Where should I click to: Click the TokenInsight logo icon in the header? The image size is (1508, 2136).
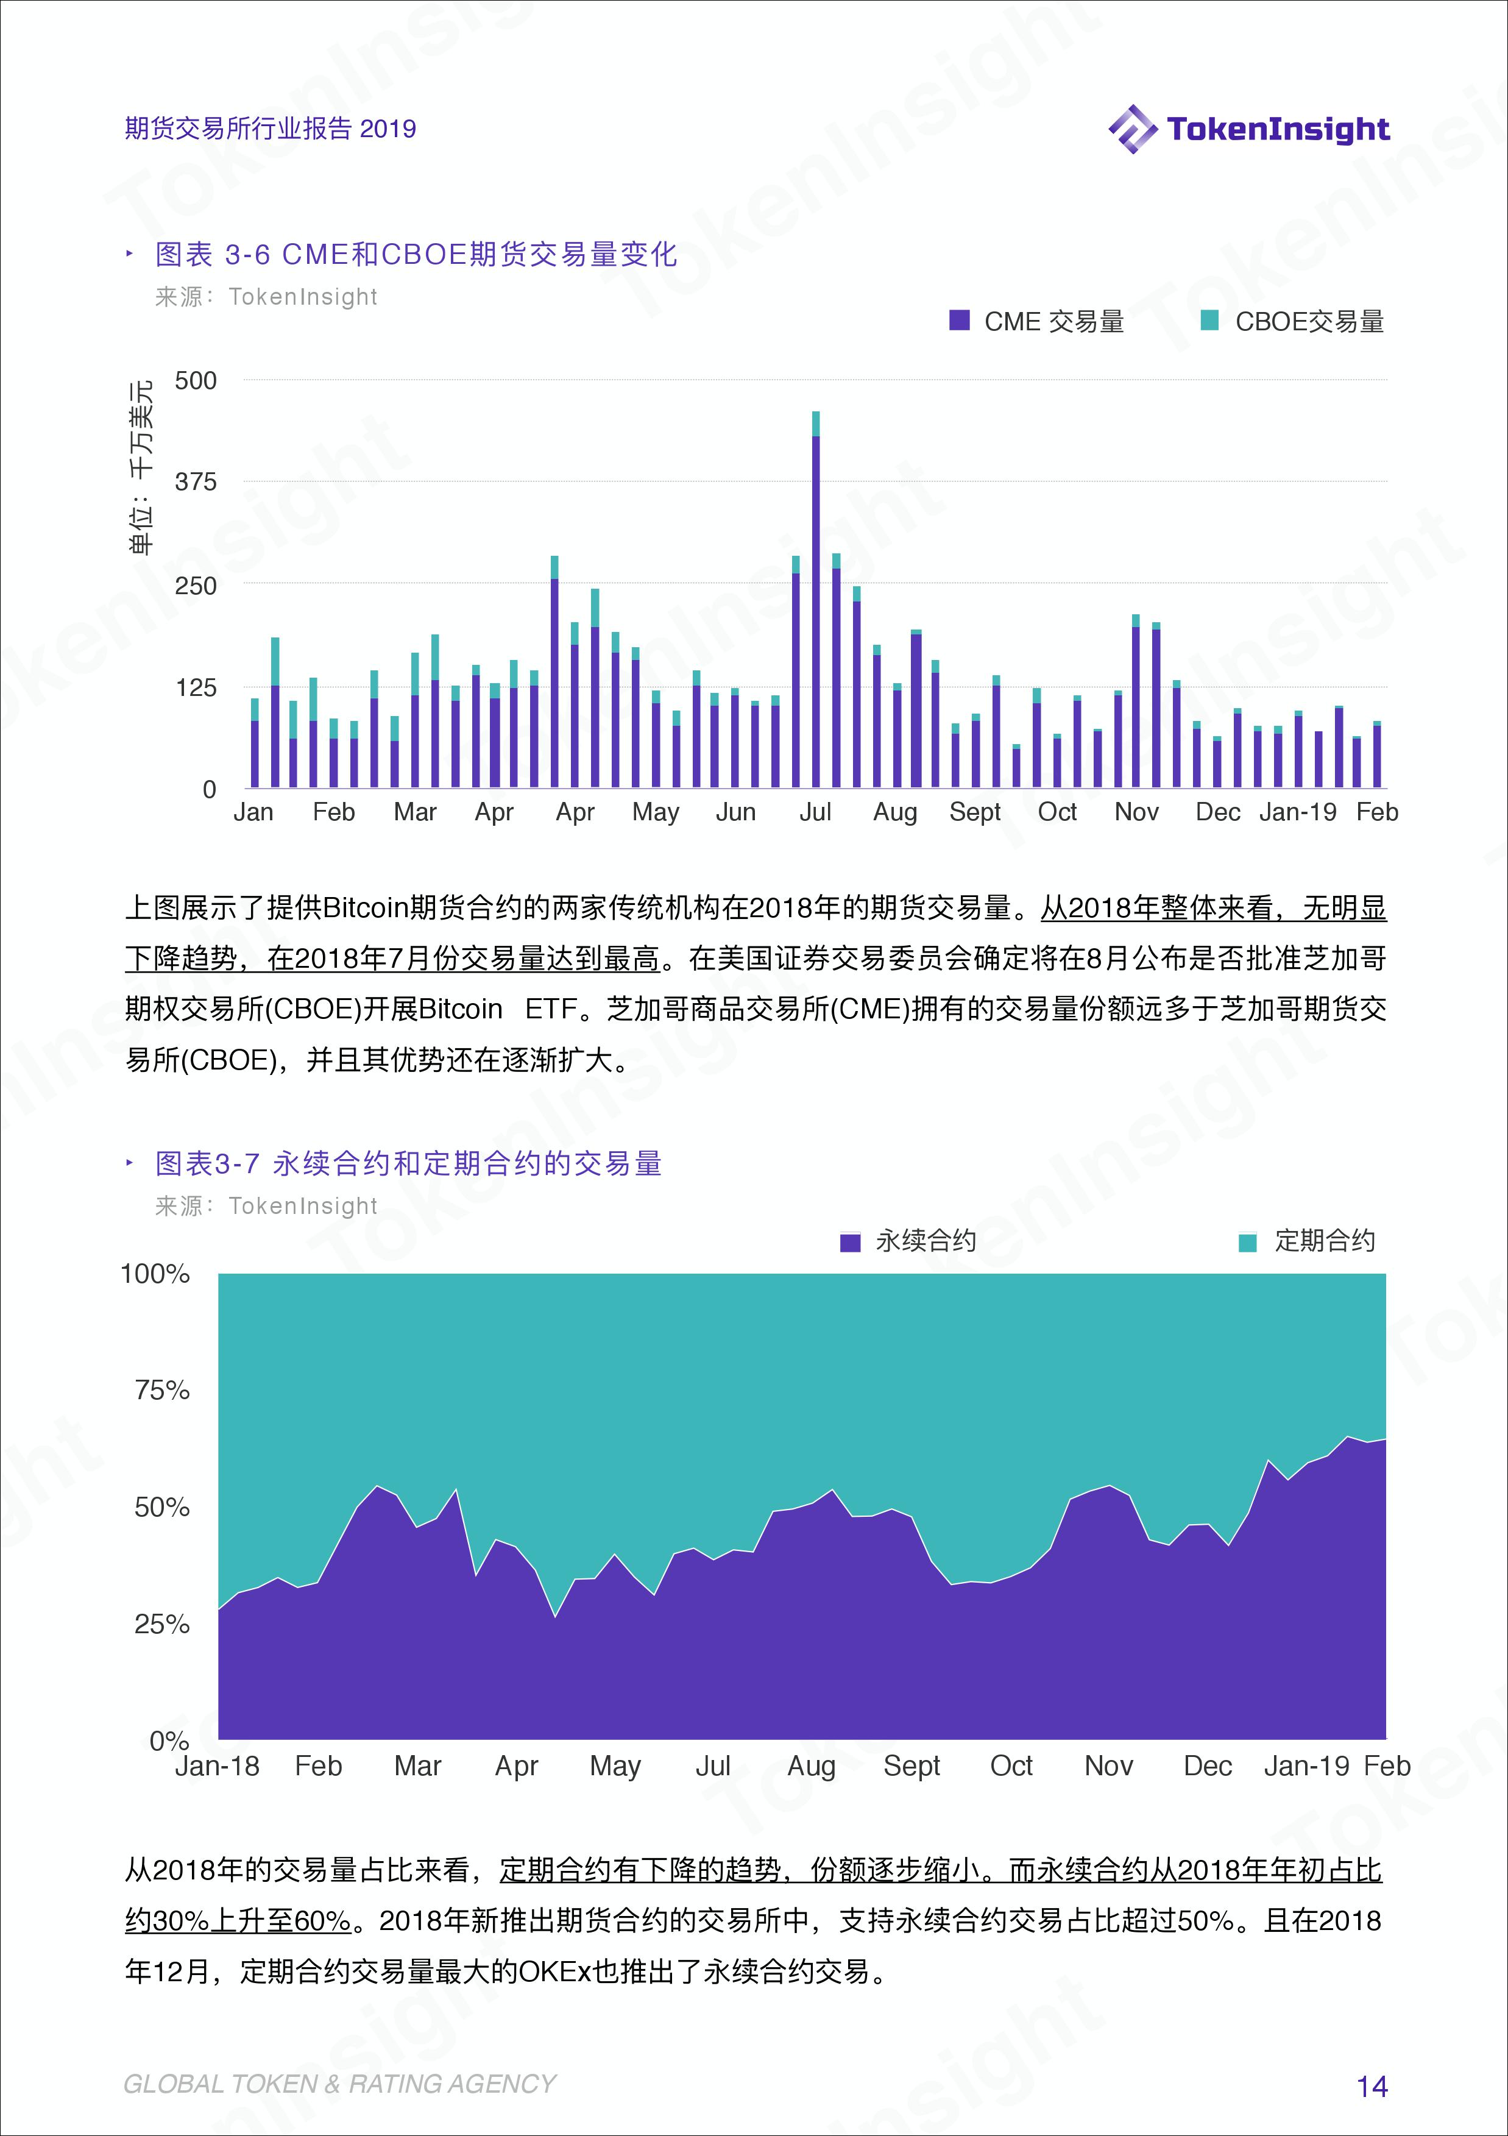click(1132, 129)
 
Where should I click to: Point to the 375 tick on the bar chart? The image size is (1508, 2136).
click(196, 482)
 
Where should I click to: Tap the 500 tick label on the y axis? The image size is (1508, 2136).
click(196, 380)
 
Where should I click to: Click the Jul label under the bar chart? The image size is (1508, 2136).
click(815, 812)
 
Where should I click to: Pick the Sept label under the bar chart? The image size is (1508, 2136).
click(974, 812)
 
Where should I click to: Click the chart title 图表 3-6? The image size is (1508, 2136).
click(416, 254)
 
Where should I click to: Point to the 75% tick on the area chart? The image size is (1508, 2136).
click(162, 1391)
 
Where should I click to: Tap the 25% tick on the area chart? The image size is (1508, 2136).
click(162, 1624)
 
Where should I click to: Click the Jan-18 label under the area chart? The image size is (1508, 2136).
click(217, 1765)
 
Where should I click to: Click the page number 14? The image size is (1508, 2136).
click(1372, 2087)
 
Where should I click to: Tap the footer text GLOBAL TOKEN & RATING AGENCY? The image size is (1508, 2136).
click(339, 2085)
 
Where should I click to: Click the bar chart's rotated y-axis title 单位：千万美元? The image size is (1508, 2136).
click(141, 467)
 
